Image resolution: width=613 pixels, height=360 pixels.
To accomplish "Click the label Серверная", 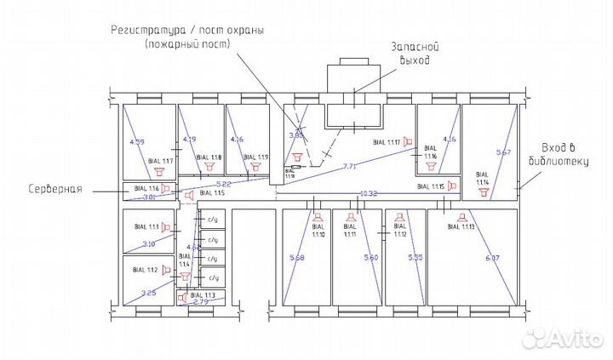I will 53,189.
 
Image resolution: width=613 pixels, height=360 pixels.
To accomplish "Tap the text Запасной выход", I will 410,54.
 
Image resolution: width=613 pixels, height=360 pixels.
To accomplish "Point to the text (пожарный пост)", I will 187,43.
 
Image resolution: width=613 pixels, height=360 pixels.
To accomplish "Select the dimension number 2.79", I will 201,302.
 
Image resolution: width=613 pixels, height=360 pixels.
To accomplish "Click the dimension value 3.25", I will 146,293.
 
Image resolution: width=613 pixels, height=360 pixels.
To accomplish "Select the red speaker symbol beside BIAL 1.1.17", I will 408,141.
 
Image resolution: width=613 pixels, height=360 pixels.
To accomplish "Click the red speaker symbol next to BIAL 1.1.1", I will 167,228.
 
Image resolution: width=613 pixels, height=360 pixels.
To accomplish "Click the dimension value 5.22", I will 224,184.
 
